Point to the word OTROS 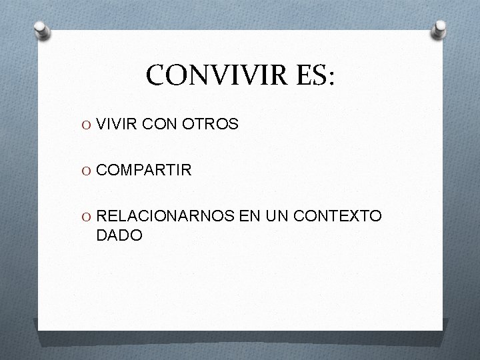coord(211,124)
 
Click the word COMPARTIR coord(144,170)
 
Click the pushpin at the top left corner coord(41,30)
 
